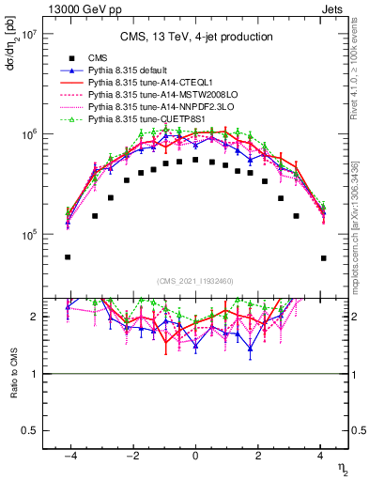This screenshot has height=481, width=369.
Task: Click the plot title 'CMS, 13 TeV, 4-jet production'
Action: (196, 38)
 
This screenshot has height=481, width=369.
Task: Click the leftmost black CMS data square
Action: (68, 256)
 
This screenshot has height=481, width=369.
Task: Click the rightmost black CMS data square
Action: (323, 257)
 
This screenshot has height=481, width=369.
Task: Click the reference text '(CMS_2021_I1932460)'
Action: (195, 280)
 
